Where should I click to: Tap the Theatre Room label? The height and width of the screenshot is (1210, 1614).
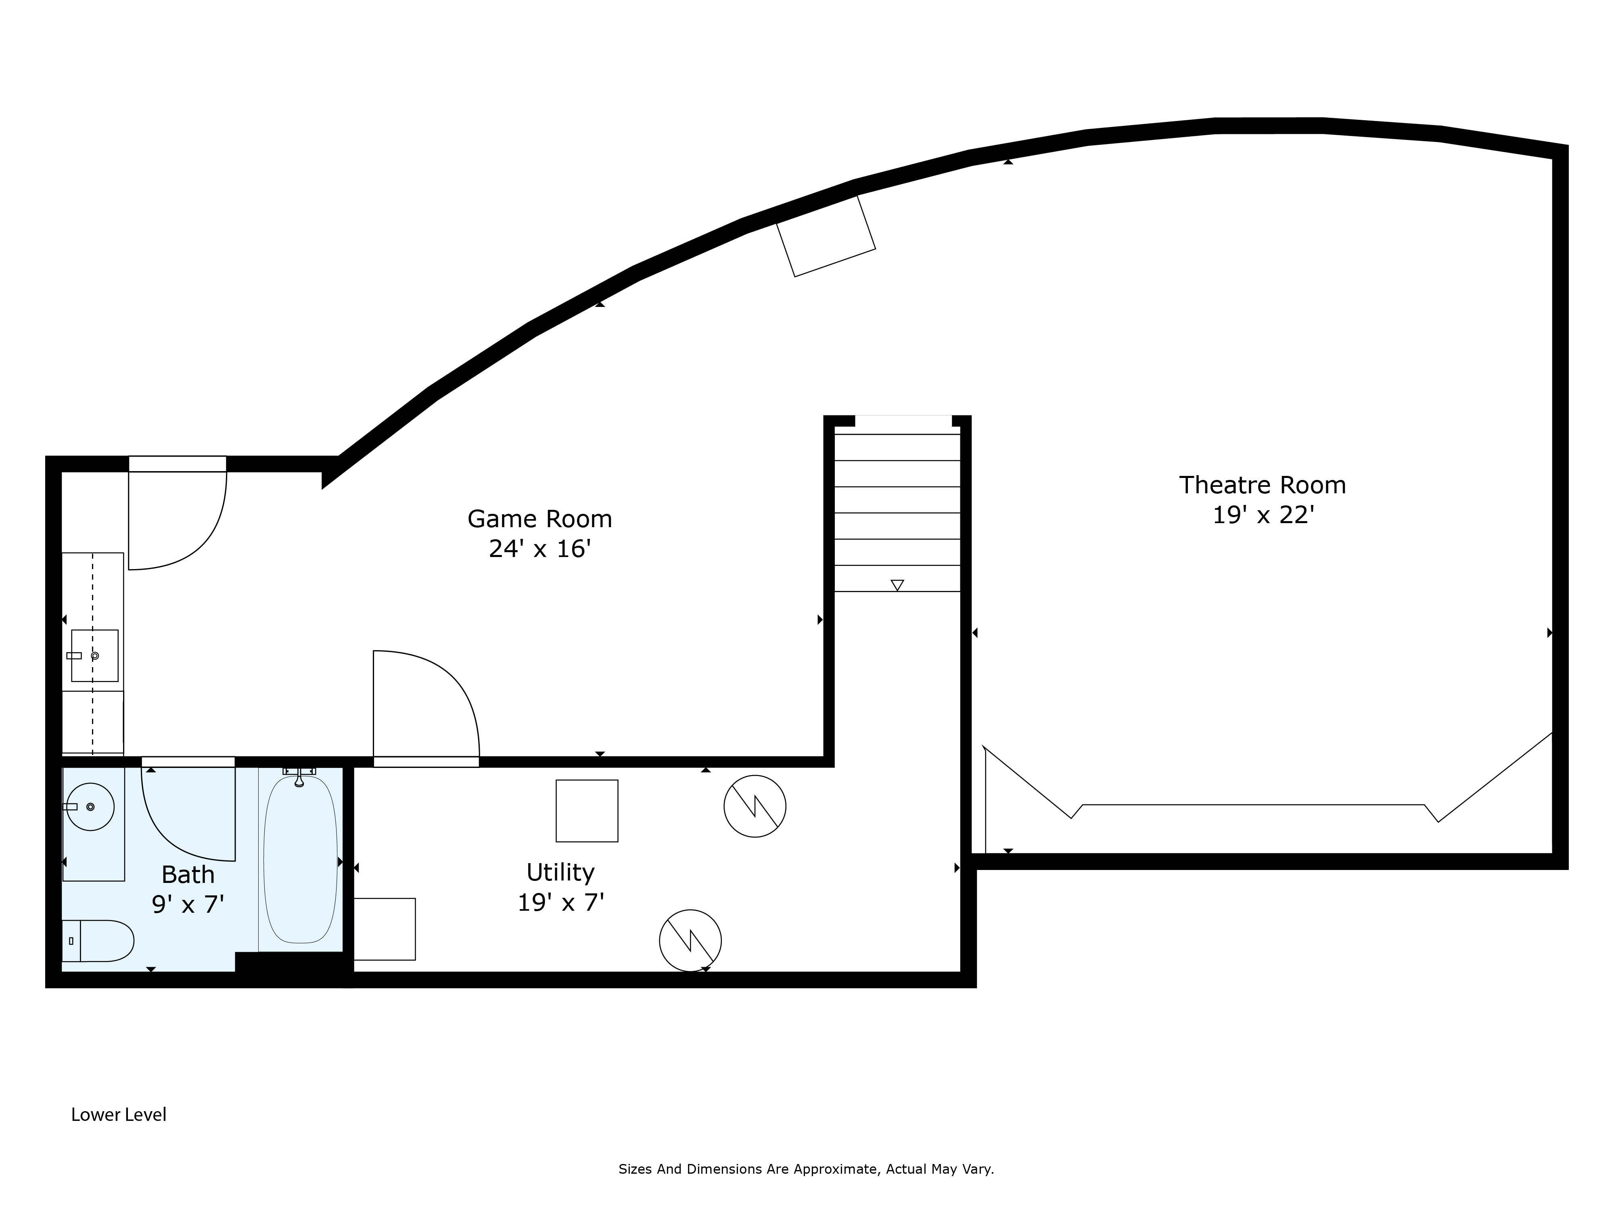(1262, 485)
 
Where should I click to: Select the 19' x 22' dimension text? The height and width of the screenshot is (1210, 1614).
(1263, 515)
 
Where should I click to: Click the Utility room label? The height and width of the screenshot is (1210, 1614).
(560, 872)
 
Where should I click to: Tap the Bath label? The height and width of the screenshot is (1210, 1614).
(188, 874)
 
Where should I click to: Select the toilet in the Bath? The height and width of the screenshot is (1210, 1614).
(98, 941)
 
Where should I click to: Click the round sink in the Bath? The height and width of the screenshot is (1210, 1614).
(90, 807)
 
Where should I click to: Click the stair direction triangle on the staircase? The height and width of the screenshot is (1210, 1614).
(897, 585)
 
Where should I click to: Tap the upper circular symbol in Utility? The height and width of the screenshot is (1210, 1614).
(755, 806)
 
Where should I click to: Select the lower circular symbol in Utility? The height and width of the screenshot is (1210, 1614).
(690, 941)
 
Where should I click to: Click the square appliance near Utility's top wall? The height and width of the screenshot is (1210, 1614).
(587, 811)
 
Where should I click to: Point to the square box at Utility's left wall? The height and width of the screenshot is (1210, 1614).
(385, 929)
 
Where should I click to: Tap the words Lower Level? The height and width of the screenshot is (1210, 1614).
(119, 1114)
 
